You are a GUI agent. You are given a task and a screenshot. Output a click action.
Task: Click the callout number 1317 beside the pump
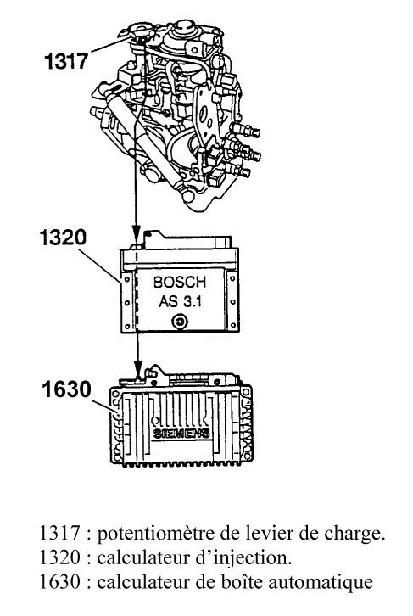tap(66, 62)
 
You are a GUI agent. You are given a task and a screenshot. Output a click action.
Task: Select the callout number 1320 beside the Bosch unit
tap(63, 238)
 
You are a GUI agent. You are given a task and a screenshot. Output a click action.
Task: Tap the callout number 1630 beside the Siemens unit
tap(67, 389)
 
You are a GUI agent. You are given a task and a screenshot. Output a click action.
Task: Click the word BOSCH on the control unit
tap(180, 282)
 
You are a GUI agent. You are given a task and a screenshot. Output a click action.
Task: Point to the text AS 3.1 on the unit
tap(180, 301)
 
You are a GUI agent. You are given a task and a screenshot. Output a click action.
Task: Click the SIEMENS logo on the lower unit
tap(181, 434)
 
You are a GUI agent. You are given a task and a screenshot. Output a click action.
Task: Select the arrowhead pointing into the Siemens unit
tap(137, 370)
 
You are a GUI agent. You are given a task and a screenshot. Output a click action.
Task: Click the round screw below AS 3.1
tap(180, 322)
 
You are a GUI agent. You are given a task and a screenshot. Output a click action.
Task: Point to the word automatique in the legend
tap(321, 583)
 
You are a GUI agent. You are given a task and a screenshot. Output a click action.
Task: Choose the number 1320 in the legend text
tap(59, 557)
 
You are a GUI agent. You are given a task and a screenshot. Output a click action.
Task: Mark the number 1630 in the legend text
tap(59, 582)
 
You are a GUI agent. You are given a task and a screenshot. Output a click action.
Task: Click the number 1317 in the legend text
tap(59, 534)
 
